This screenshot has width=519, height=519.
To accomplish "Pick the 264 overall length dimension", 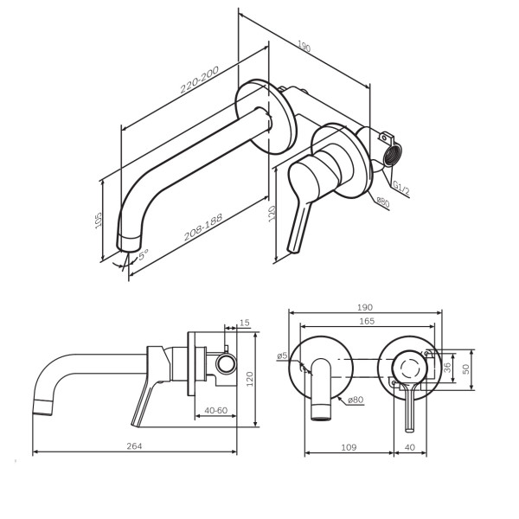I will [x=133, y=446].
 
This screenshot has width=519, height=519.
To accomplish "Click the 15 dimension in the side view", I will [x=244, y=323].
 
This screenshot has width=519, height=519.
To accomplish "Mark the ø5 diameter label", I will [x=281, y=356].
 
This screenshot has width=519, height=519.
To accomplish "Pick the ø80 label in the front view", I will [x=354, y=400].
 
